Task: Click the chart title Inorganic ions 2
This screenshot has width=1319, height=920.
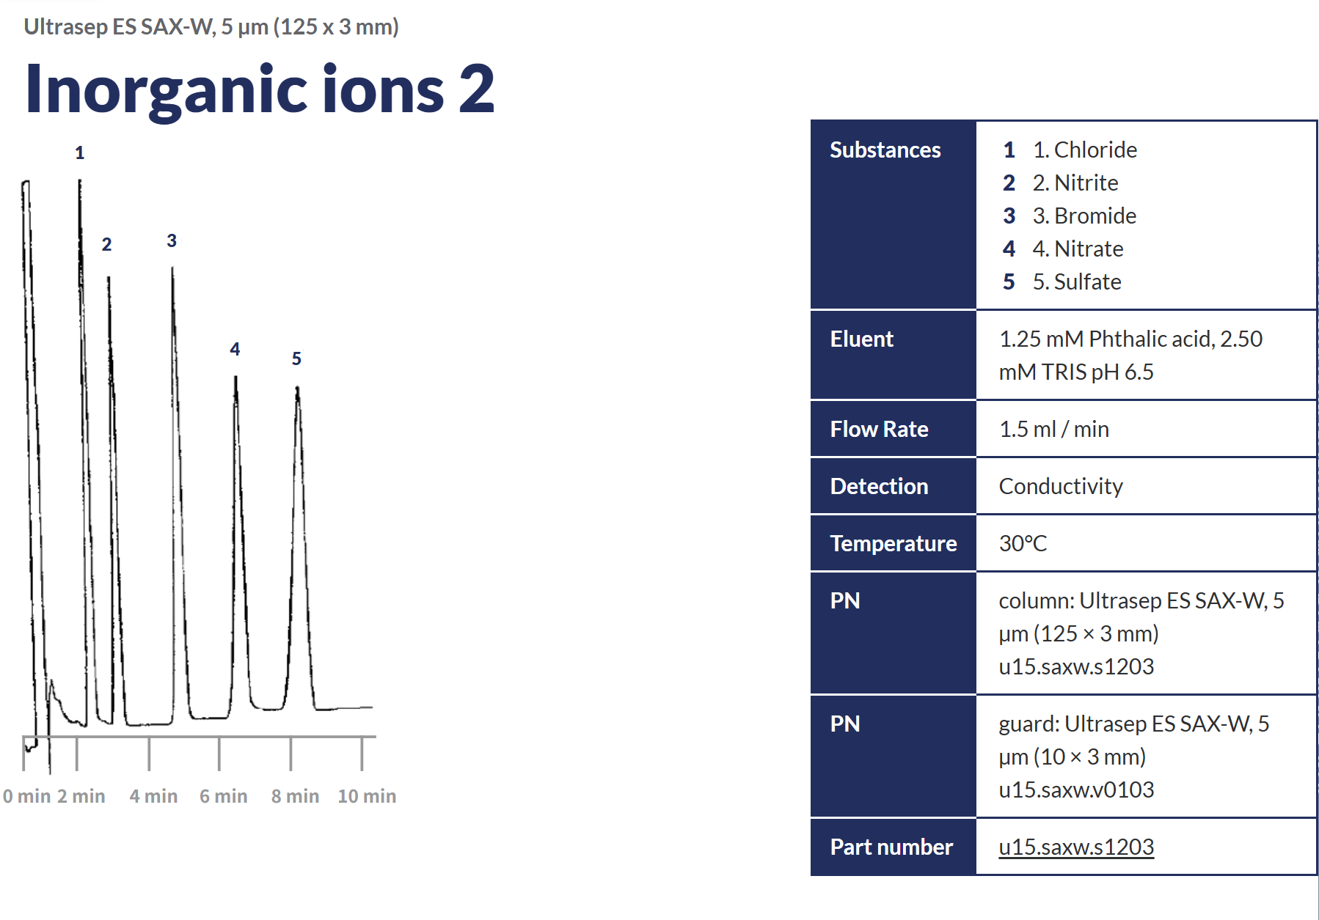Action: pyautogui.click(x=260, y=89)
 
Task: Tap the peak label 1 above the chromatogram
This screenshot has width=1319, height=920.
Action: pyautogui.click(x=79, y=153)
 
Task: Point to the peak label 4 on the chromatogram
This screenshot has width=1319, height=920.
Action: pyautogui.click(x=235, y=349)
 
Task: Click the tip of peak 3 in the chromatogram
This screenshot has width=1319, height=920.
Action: pyautogui.click(x=172, y=268)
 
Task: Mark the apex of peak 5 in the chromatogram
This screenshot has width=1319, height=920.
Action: pyautogui.click(x=297, y=386)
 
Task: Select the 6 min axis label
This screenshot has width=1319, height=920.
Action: pyautogui.click(x=224, y=796)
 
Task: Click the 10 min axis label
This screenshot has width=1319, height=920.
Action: pyautogui.click(x=367, y=796)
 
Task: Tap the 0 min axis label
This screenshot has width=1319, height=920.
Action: pyautogui.click(x=27, y=796)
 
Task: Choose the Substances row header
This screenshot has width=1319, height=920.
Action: pyautogui.click(x=885, y=150)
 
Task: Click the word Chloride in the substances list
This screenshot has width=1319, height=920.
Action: pyautogui.click(x=1095, y=150)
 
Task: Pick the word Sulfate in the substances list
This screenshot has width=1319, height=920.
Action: pyautogui.click(x=1087, y=281)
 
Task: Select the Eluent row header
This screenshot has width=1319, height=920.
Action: pyautogui.click(x=862, y=339)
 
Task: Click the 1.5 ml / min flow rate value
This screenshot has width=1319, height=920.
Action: pyautogui.click(x=1054, y=429)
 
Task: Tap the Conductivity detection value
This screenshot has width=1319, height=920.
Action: pyautogui.click(x=1061, y=486)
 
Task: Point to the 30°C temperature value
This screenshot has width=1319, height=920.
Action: pyautogui.click(x=1023, y=543)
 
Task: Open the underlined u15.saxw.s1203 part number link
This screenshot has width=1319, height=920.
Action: pyautogui.click(x=1076, y=847)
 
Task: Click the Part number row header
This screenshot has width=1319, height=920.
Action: pyautogui.click(x=891, y=847)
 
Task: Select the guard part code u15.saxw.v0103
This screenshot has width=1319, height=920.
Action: pyautogui.click(x=1076, y=790)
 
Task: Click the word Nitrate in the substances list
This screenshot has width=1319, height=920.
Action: pyautogui.click(x=1089, y=249)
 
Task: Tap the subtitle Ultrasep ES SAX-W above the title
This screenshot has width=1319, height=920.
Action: pyautogui.click(x=119, y=27)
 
